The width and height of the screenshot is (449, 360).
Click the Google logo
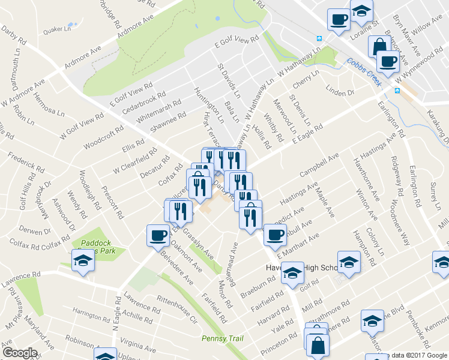(x=20, y=353)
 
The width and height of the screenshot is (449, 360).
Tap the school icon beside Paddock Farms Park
(x=83, y=261)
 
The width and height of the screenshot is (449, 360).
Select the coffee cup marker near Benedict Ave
(x=275, y=234)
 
